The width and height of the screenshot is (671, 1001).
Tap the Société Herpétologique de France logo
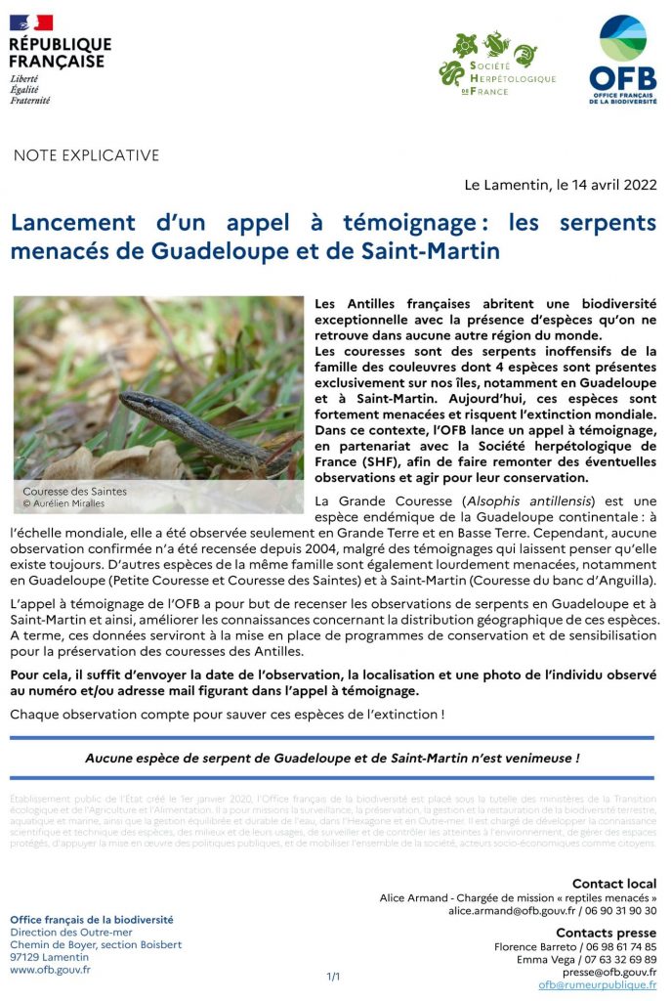pyautogui.click(x=496, y=64)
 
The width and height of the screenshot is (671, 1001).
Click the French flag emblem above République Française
pyautogui.click(x=31, y=22)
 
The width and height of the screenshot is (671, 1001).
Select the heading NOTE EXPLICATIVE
pyautogui.click(x=86, y=155)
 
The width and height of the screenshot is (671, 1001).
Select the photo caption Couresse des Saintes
pyautogui.click(x=74, y=491)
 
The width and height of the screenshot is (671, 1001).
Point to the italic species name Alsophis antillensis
pyautogui.click(x=517, y=501)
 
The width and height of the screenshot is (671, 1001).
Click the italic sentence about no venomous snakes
pyautogui.click(x=332, y=758)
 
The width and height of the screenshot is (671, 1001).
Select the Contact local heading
pyautogui.click(x=614, y=884)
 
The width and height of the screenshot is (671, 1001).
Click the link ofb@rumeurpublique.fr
pyautogui.click(x=598, y=985)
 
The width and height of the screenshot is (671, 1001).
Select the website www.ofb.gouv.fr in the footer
pyautogui.click(x=50, y=970)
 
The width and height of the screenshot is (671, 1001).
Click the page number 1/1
pyautogui.click(x=333, y=977)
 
